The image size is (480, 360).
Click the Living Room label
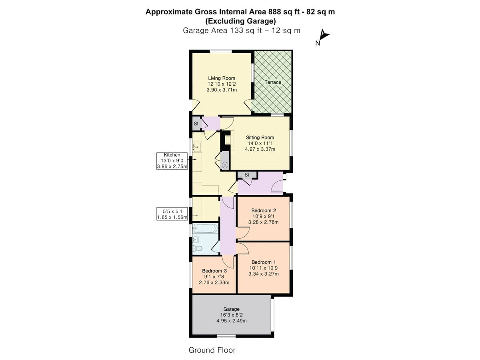tap(222, 78)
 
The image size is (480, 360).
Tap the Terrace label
tap(273, 82)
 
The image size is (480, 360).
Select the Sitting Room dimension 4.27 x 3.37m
tap(260, 149)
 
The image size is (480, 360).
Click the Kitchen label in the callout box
tap(172, 155)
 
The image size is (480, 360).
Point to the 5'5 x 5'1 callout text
tap(172, 211)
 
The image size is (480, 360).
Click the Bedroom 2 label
tap(264, 210)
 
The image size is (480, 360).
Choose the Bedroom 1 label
tap(264, 262)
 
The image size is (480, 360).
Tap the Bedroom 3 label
tap(214, 271)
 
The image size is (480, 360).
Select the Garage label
tap(231, 309)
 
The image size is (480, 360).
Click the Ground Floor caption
tap(212, 350)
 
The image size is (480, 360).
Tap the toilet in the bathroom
tap(198, 248)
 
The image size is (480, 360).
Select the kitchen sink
tap(197, 147)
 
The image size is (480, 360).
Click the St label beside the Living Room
tap(196, 124)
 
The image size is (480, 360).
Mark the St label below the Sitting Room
tap(247, 175)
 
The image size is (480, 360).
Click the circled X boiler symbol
tap(225, 165)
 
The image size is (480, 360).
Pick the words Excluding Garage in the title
tap(240, 21)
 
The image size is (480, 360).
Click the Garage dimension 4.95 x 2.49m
tap(232, 321)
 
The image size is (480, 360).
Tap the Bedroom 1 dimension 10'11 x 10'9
tap(264, 268)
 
